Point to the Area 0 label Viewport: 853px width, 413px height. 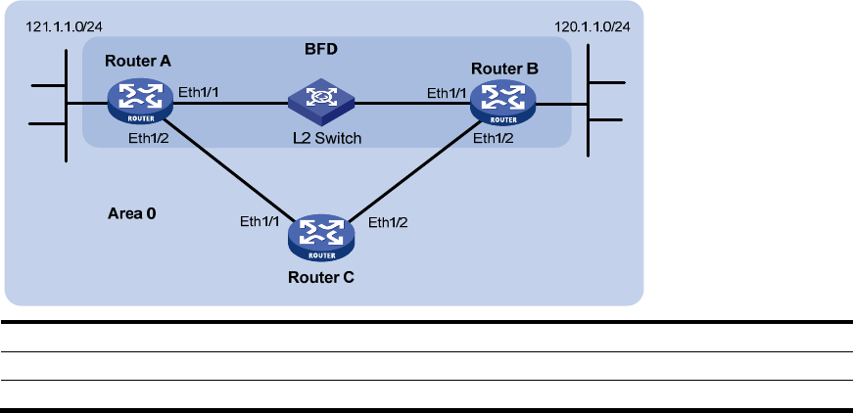pos(131,211)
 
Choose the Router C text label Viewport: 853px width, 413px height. pos(321,277)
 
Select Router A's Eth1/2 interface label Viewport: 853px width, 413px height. pos(149,138)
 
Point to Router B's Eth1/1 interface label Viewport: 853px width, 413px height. pos(446,93)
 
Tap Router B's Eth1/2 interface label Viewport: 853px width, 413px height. pos(494,139)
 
